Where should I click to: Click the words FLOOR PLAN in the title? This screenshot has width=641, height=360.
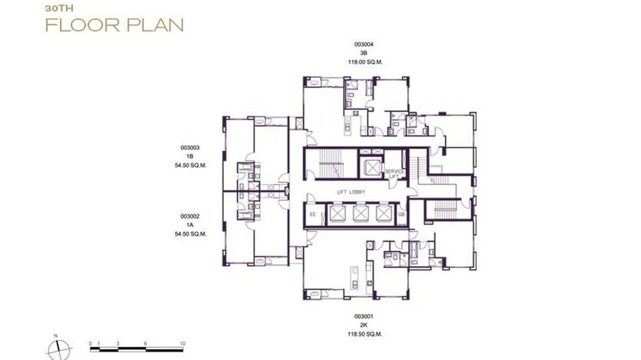(114, 25)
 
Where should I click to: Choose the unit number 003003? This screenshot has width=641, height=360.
(190, 148)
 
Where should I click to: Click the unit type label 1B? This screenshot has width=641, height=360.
(190, 156)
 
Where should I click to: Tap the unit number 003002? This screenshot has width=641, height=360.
(190, 216)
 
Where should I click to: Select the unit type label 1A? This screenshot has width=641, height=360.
(190, 225)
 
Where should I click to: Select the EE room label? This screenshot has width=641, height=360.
(313, 214)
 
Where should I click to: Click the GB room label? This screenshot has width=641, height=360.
(401, 214)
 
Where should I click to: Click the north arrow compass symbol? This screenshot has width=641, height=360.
(59, 349)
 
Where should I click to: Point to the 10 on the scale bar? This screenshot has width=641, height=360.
(182, 343)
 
